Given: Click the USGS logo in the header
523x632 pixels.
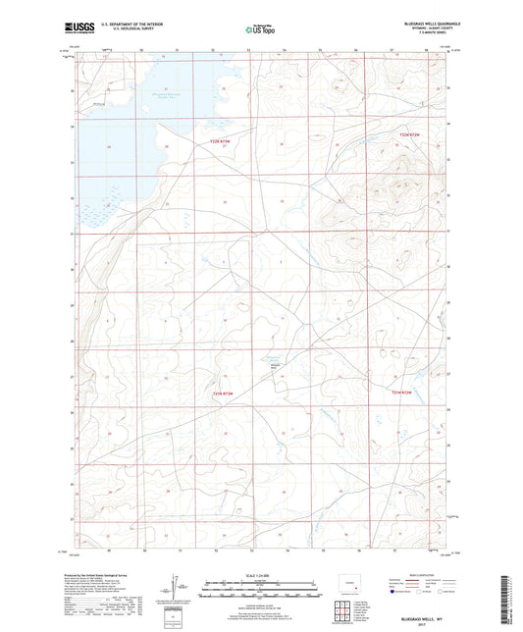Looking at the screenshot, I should coord(75,27).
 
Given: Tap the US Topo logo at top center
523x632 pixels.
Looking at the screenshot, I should coord(259,28).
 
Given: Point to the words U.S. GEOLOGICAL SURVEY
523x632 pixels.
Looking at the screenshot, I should coord(125,29).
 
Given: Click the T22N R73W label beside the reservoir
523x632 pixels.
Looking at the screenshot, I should coord(225,143).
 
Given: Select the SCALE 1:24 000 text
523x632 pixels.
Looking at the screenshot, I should coord(261,575).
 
